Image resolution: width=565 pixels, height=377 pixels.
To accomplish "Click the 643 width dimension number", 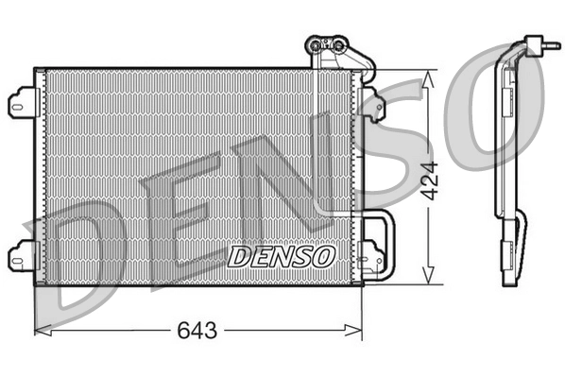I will click(x=197, y=331).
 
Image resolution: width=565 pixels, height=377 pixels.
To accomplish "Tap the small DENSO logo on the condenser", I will click(x=282, y=255).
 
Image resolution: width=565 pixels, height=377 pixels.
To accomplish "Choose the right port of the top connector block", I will click(x=334, y=43).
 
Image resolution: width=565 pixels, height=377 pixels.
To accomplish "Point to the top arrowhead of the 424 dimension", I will click(x=431, y=75).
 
